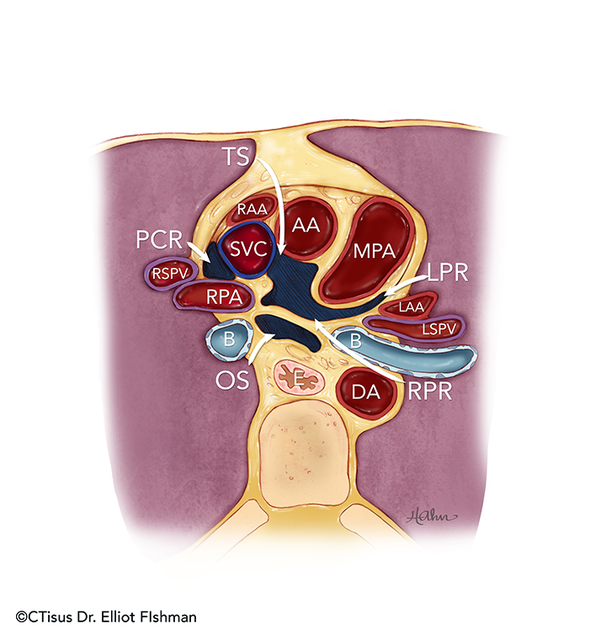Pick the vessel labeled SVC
pyautogui.click(x=244, y=248)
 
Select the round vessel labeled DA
pyautogui.click(x=362, y=391)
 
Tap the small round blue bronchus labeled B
pyautogui.click(x=227, y=340)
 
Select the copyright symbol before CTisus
pyautogui.click(x=20, y=617)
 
